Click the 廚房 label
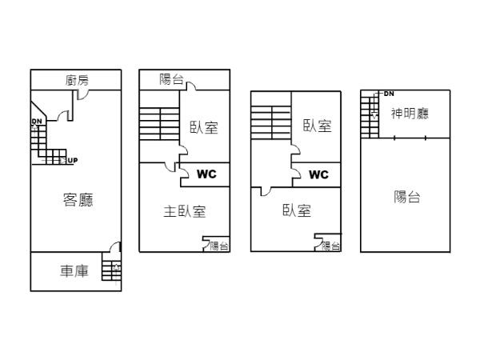[78, 80]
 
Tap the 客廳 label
[78, 200]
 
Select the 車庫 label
[74, 272]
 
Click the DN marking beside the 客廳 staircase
[37, 122]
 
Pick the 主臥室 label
[185, 212]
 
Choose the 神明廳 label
[410, 114]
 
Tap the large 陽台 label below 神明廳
[407, 198]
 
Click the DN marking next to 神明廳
[389, 94]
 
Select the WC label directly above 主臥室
[206, 174]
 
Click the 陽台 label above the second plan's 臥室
[171, 79]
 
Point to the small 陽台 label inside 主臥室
[219, 246]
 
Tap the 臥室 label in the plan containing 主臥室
[204, 127]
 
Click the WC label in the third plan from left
[318, 174]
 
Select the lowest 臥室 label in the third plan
[297, 210]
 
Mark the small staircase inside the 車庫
[111, 269]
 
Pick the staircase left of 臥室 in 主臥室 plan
[159, 125]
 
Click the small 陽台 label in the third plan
[330, 246]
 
